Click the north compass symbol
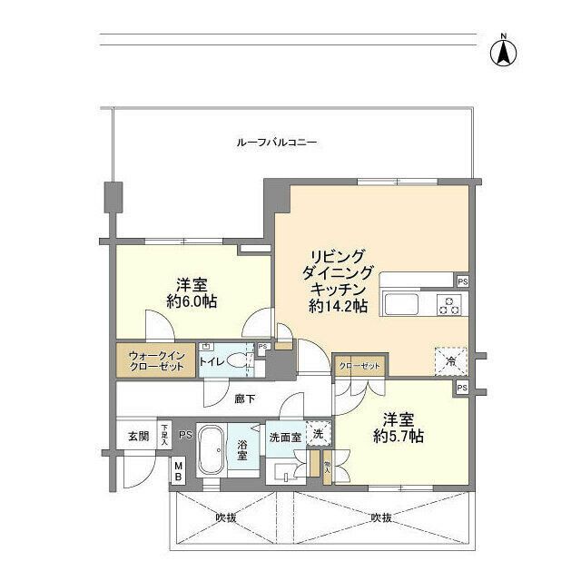tap(500, 51)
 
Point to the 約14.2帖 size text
tap(338, 307)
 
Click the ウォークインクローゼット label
tap(153, 361)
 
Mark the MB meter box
tap(179, 471)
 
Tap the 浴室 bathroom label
tap(242, 450)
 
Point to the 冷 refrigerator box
tap(450, 359)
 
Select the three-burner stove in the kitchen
tap(448, 304)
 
